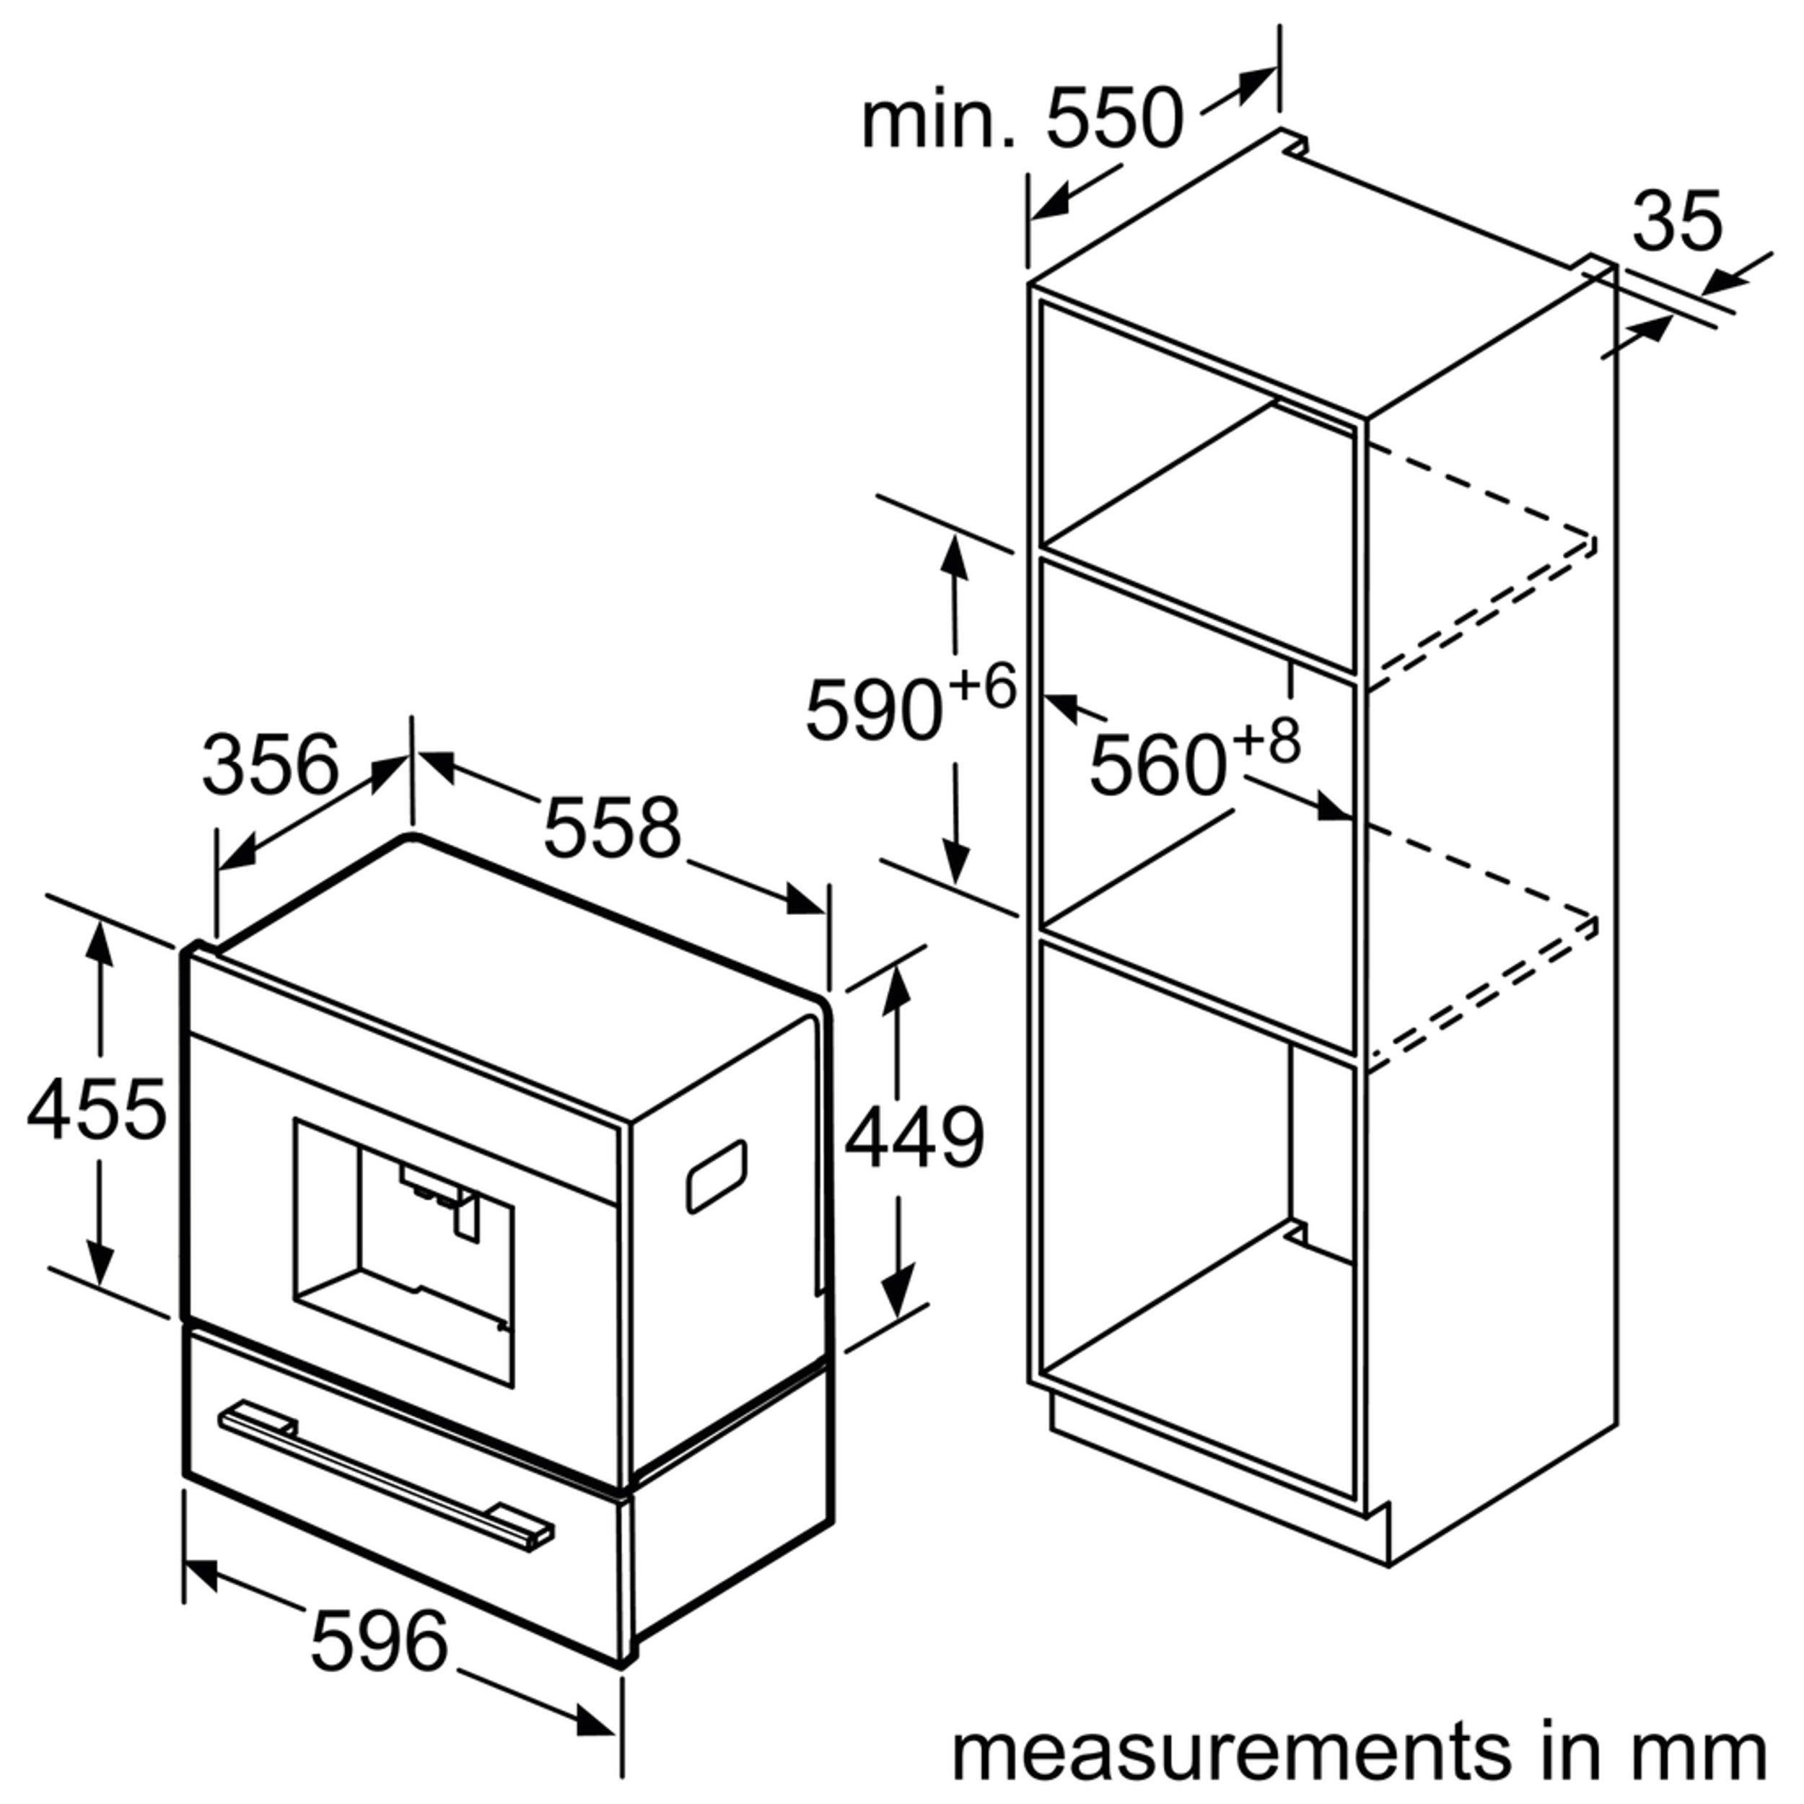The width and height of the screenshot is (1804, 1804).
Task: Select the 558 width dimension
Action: click(613, 827)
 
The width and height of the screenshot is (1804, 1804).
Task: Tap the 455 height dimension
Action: click(97, 1109)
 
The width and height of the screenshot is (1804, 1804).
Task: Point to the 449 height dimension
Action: click(915, 1137)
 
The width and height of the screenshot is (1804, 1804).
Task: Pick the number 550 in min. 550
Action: click(1115, 120)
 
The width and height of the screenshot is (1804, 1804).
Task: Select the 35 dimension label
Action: click(1678, 222)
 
